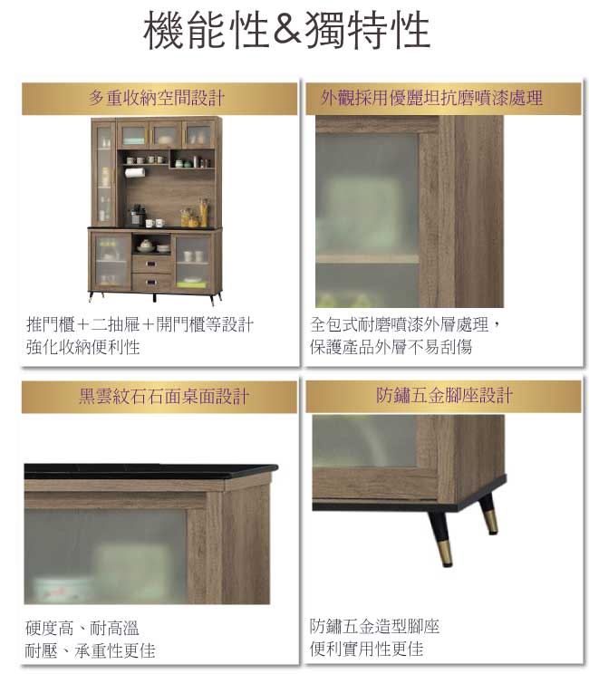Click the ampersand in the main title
287,30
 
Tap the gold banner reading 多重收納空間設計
159,99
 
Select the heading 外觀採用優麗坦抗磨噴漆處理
431,98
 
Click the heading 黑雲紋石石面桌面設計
163,396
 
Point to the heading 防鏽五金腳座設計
444,395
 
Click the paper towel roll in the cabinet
135,172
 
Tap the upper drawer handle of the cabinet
151,265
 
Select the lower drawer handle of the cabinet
151,281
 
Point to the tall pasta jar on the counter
203,213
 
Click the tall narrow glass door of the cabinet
105,174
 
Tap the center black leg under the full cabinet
154,297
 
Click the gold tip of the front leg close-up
444,553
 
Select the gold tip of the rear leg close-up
490,522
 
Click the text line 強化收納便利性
82,347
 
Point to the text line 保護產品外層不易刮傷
391,347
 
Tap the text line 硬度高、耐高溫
82,628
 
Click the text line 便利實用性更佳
367,649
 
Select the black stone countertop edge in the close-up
150,472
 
